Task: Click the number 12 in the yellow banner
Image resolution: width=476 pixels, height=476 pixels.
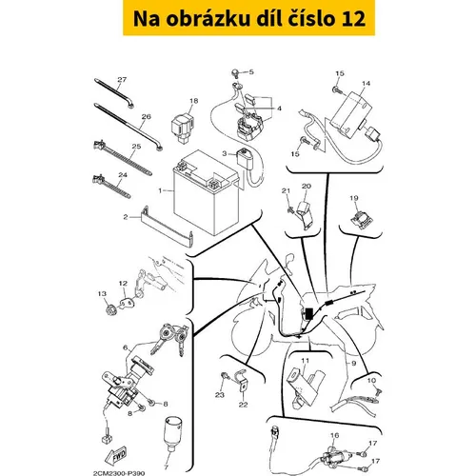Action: click(x=354, y=18)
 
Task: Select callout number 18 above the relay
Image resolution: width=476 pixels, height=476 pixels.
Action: click(x=193, y=101)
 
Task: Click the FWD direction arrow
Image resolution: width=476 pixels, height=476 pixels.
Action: click(x=118, y=456)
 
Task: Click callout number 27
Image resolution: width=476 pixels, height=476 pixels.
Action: click(x=122, y=79)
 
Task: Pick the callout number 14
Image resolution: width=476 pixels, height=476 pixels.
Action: click(x=366, y=83)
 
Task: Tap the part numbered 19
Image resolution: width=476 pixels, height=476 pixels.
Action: click(x=361, y=219)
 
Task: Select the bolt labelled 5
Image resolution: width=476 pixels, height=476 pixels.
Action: click(x=235, y=73)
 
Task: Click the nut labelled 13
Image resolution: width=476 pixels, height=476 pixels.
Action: click(x=110, y=309)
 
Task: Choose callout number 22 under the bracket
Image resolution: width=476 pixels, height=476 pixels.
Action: click(x=243, y=405)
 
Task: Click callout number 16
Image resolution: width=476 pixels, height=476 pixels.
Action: click(x=334, y=435)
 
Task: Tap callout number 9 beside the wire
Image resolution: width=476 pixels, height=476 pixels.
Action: click(x=353, y=363)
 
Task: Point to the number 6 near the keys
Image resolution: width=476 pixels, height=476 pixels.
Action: click(x=126, y=347)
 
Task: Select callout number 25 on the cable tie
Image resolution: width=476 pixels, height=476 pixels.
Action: click(x=136, y=147)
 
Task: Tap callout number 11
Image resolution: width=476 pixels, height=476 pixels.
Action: click(x=305, y=361)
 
